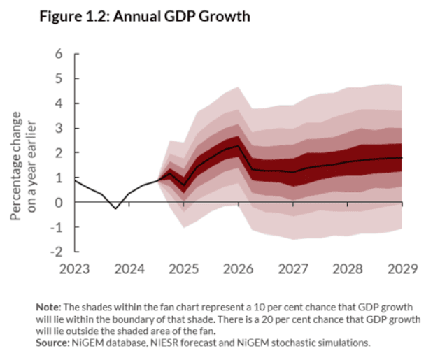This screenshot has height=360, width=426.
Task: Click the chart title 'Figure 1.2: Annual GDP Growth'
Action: (x=145, y=15)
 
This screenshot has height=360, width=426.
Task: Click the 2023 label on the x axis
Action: (x=74, y=268)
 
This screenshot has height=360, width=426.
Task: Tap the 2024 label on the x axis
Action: (x=129, y=268)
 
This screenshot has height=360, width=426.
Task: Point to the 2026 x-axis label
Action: (x=238, y=268)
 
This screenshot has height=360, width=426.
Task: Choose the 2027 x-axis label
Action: (x=292, y=268)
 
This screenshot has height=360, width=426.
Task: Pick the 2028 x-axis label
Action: (x=347, y=268)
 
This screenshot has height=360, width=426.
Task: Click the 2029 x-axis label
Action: (x=402, y=268)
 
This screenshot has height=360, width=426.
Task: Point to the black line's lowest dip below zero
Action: (x=115, y=208)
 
